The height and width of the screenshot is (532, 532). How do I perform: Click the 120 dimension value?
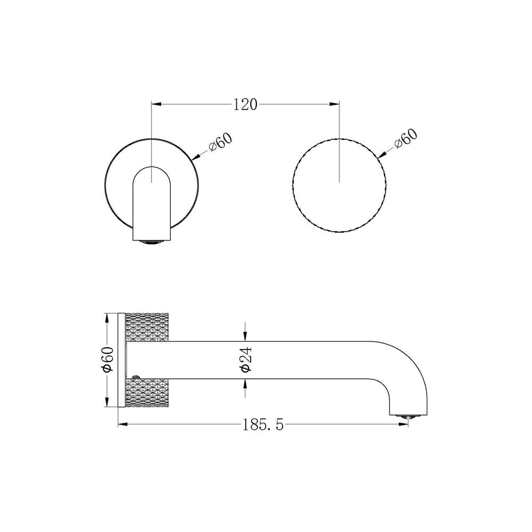tap(245, 104)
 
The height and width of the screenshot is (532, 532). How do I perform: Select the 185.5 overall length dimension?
tap(263, 425)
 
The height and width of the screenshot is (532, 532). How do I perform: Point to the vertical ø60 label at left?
tap(108, 359)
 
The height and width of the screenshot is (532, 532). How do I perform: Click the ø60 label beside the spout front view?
tap(221, 142)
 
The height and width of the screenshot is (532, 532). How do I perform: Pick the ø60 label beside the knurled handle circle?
tap(406, 139)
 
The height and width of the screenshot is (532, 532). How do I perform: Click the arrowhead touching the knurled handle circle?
tap(382, 155)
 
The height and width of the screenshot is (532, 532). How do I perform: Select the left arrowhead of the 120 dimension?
tap(156, 104)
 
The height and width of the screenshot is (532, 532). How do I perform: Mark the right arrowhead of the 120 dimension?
tap(335, 104)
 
